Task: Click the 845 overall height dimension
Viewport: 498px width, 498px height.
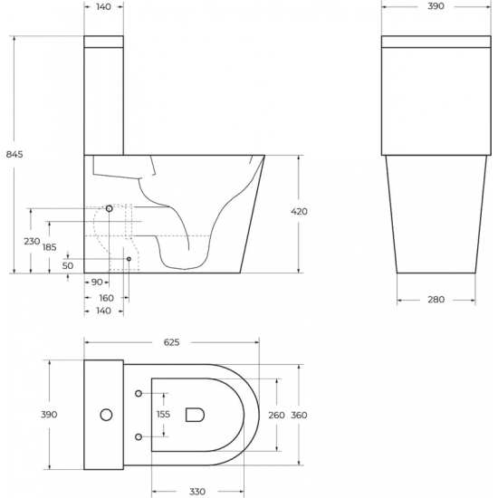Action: (14, 154)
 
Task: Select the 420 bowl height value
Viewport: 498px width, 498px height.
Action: (299, 211)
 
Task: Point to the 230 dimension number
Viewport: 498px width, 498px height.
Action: (32, 241)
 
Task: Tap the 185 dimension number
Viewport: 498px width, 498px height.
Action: (49, 247)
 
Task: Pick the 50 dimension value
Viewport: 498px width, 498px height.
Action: (68, 265)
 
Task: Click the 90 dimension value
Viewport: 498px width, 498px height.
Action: (96, 283)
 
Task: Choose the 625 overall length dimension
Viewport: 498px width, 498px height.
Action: (171, 342)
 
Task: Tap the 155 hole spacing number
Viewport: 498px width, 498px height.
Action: (164, 414)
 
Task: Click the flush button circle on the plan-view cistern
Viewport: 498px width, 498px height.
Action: (105, 415)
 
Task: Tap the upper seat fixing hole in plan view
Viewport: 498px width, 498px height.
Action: (138, 393)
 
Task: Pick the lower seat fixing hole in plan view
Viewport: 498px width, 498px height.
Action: (138, 437)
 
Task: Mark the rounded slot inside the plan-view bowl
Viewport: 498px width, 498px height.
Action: (194, 415)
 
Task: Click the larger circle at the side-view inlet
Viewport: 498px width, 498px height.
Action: (110, 209)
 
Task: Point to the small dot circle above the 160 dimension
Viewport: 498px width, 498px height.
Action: (129, 259)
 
